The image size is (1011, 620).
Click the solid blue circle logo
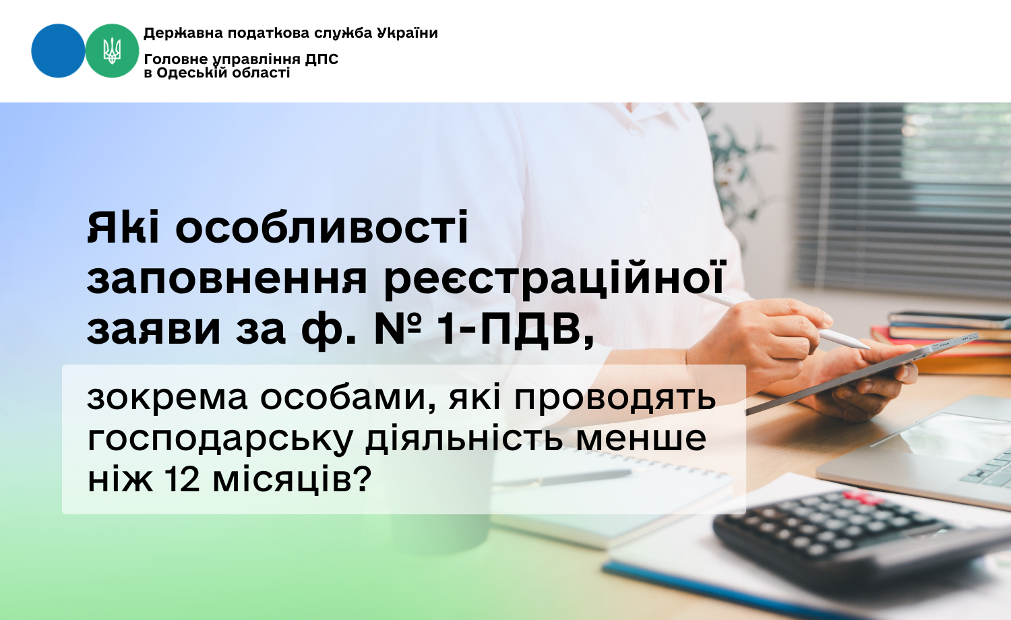(x=58, y=51)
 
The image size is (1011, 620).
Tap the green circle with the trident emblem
(x=112, y=51)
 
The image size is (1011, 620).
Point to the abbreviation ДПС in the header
(x=321, y=59)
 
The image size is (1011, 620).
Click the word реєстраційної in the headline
(x=554, y=278)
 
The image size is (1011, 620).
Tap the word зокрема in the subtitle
(x=167, y=398)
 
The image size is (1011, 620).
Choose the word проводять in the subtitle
(x=615, y=400)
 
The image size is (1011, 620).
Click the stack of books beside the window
(x=944, y=341)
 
